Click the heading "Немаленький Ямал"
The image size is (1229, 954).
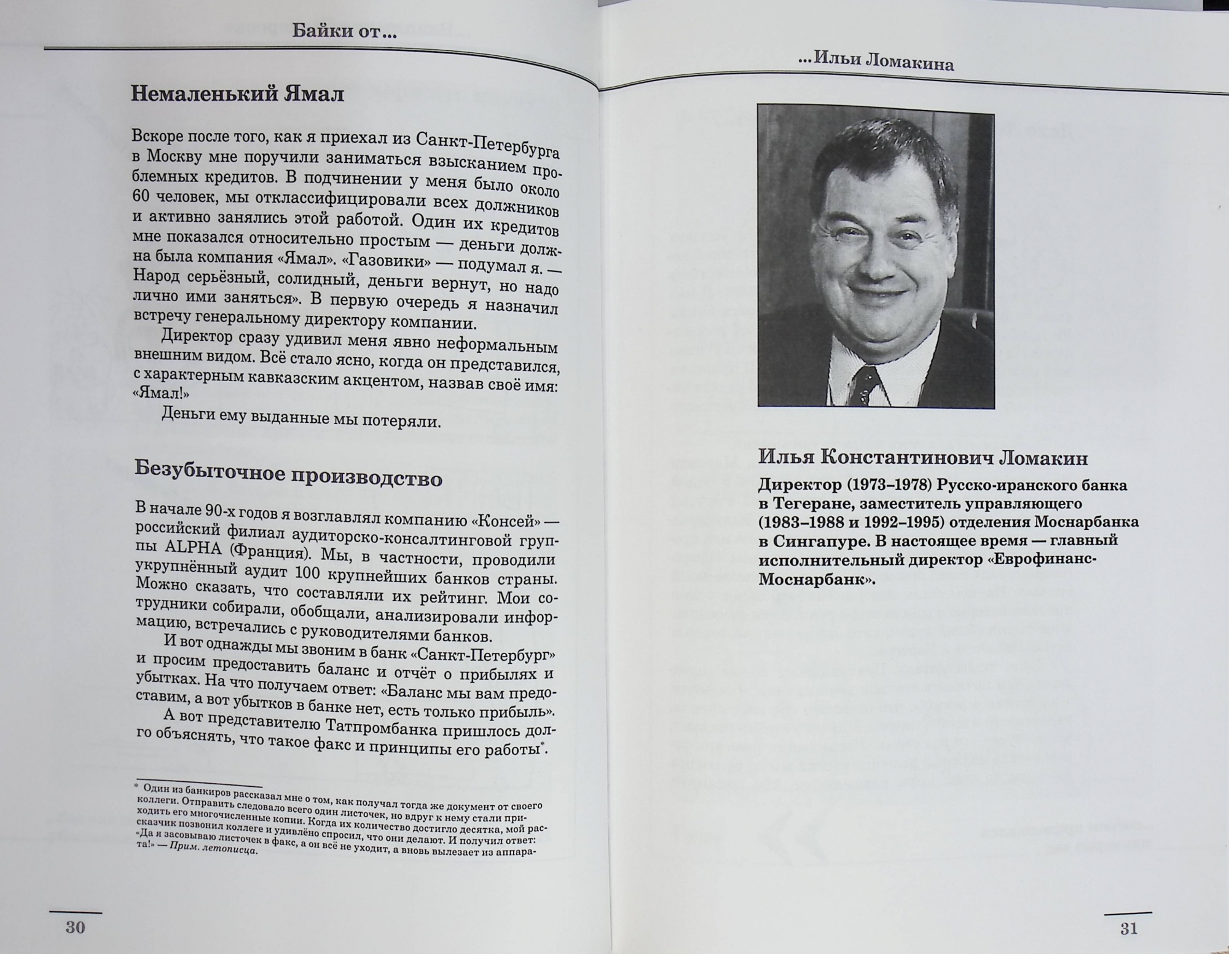click(237, 94)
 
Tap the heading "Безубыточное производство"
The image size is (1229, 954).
click(288, 473)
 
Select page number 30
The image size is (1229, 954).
click(75, 928)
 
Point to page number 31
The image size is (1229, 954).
click(1129, 929)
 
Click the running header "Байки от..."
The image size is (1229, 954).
click(344, 31)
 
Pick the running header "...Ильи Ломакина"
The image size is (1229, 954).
click(876, 61)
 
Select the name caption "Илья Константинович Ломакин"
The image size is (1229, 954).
click(922, 458)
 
